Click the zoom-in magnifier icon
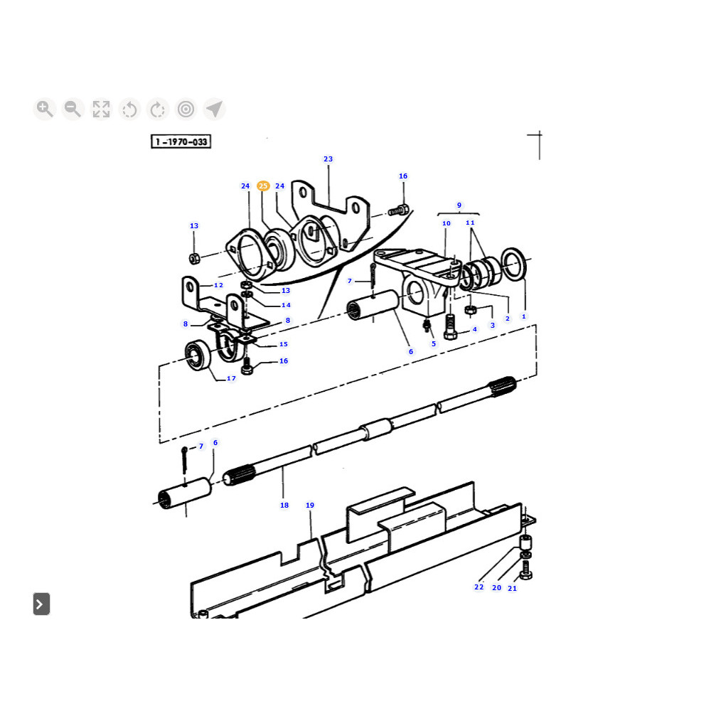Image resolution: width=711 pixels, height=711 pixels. [44, 109]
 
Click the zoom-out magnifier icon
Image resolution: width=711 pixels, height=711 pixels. [73, 109]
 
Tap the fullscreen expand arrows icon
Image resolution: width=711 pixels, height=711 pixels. [101, 109]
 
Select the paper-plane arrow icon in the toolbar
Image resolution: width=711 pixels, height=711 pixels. [214, 109]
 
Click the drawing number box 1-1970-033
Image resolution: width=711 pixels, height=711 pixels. [181, 142]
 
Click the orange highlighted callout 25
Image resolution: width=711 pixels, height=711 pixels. [263, 186]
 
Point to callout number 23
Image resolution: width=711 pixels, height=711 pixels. [328, 159]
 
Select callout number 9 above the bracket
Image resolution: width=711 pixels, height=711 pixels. [459, 205]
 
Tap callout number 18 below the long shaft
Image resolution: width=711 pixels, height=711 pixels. [284, 505]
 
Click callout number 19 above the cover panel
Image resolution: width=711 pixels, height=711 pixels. [310, 505]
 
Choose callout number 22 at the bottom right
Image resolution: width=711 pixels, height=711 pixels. [479, 587]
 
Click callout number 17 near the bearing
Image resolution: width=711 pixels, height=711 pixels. [231, 378]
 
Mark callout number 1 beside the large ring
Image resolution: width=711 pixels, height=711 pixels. [524, 316]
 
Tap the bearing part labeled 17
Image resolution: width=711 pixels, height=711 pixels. [198, 355]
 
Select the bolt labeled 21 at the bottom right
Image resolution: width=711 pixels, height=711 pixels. [526, 569]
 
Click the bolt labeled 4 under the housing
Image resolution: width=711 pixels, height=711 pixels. [449, 327]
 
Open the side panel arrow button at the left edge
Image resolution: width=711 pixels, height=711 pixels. [41, 604]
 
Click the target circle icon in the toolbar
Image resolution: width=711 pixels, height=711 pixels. [186, 109]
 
